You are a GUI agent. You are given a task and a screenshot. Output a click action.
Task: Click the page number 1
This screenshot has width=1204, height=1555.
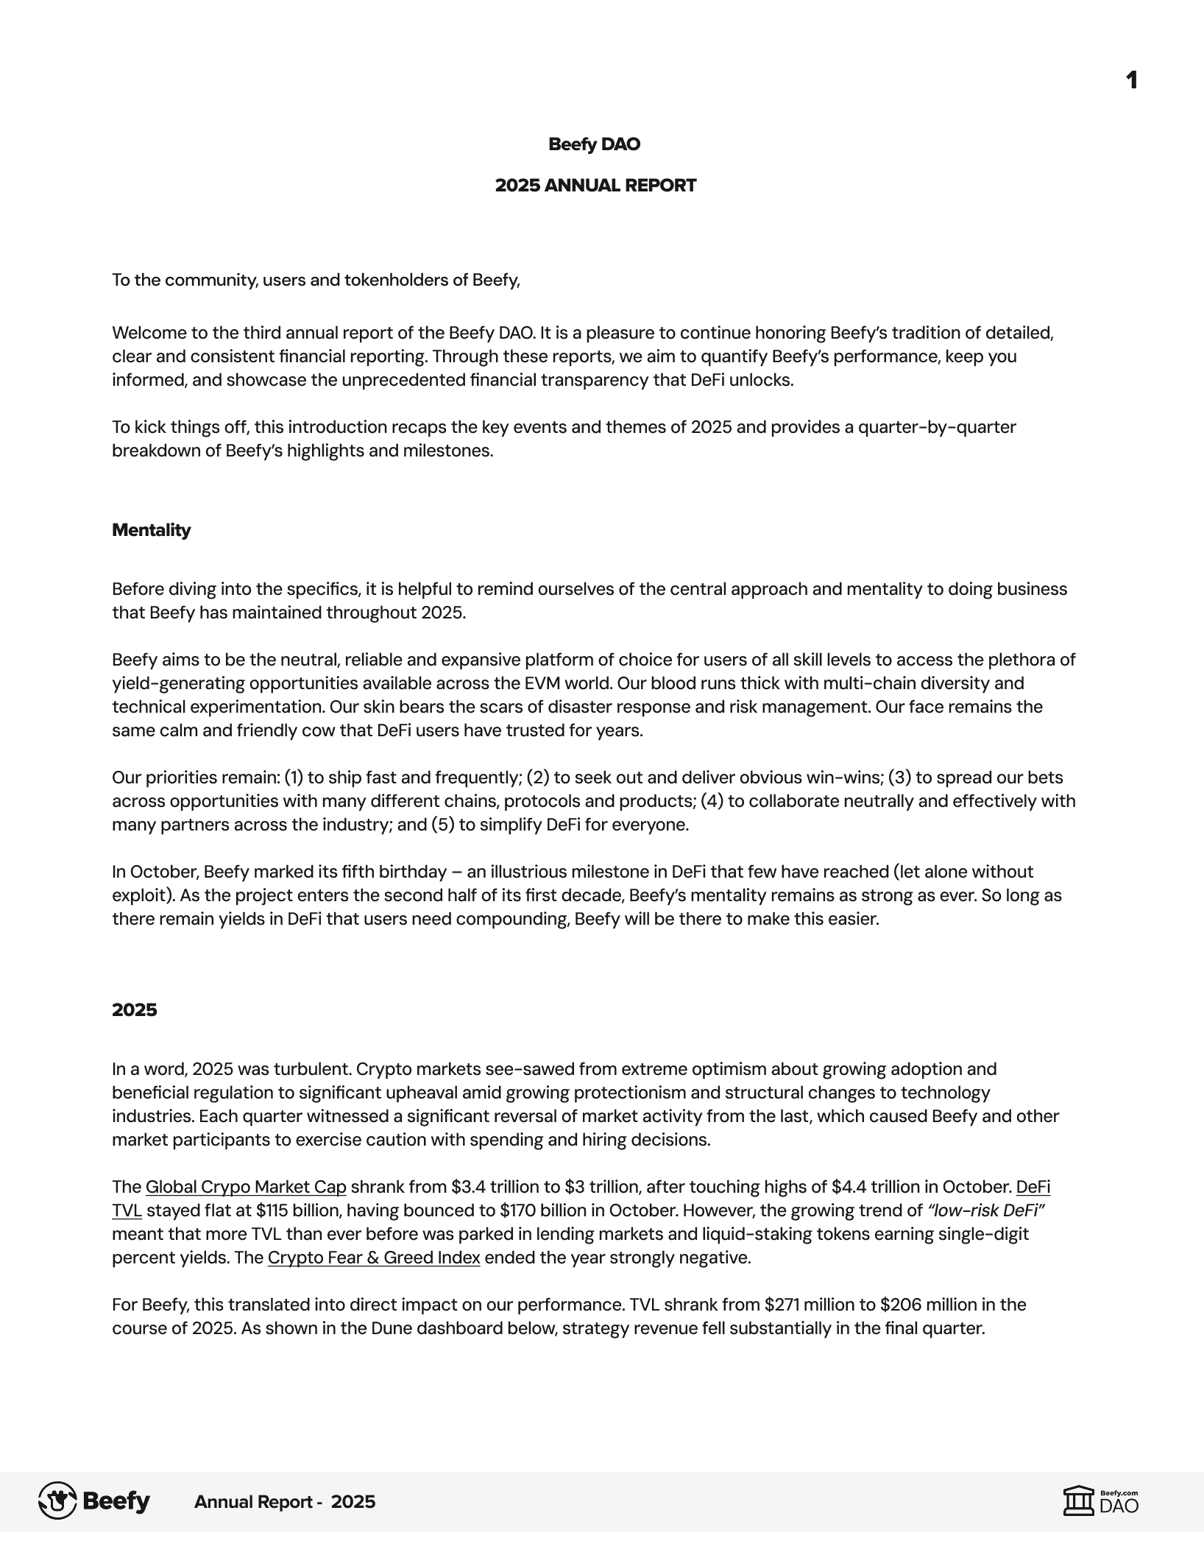coord(1132,80)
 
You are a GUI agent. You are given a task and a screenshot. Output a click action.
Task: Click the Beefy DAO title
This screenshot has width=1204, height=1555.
coord(595,144)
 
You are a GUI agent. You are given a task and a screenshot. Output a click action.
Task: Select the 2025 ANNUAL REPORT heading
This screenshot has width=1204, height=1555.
coord(595,186)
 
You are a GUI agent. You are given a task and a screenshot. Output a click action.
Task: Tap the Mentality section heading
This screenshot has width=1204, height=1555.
coord(151,530)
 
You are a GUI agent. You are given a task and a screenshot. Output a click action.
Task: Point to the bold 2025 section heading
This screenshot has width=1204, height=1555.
coord(135,1009)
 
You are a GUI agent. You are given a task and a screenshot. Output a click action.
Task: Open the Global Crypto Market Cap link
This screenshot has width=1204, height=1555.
coord(246,1187)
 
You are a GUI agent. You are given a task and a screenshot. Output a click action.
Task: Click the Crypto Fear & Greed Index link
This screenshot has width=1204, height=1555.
coord(374,1258)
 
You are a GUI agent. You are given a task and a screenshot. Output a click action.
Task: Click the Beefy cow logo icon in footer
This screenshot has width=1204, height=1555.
coord(57,1501)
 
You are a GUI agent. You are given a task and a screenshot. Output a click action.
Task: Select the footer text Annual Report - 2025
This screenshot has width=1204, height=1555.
coord(285,1502)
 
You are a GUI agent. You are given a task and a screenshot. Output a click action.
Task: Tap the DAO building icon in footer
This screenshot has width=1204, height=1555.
coord(1079,1501)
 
